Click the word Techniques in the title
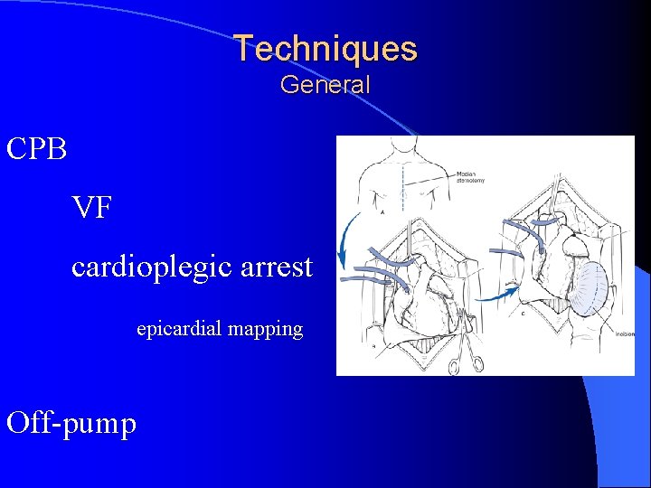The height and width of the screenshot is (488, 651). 325,48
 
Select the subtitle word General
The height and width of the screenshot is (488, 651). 325,85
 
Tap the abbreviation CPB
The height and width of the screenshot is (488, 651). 37,149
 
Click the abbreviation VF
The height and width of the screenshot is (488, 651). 93,209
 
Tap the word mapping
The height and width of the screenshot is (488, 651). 266,330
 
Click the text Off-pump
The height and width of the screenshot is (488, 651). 71,422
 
